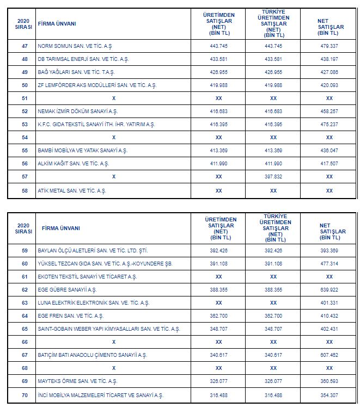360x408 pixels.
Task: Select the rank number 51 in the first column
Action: click(25, 98)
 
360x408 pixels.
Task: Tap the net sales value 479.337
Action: click(329, 46)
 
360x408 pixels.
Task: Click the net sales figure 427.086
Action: click(329, 72)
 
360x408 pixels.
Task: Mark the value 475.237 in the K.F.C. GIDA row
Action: click(329, 124)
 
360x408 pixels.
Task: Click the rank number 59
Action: click(25, 250)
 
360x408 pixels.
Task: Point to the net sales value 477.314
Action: click(329, 263)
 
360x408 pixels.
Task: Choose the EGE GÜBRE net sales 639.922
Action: click(329, 289)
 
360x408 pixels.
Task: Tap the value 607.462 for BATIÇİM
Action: click(329, 355)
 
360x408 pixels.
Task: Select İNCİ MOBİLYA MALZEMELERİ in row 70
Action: click(100, 395)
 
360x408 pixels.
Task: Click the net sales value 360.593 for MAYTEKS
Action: click(329, 381)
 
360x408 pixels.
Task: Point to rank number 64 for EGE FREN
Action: click(25, 316)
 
